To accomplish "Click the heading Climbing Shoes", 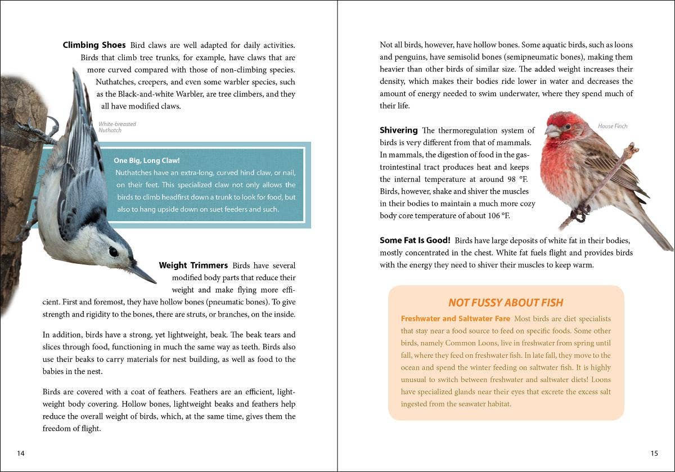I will coord(94,45).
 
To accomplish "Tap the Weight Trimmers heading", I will coord(193,265).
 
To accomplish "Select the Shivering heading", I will coord(398,130).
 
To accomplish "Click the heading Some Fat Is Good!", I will coord(415,240).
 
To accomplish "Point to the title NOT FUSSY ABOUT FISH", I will coord(506,303).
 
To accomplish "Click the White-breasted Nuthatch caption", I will coord(117,127).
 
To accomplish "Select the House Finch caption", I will coord(613,126).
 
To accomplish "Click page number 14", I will coord(21,453).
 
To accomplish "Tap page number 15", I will coord(654,453).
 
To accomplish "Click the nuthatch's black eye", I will coord(114,251).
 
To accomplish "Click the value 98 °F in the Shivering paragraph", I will coord(508,179).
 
